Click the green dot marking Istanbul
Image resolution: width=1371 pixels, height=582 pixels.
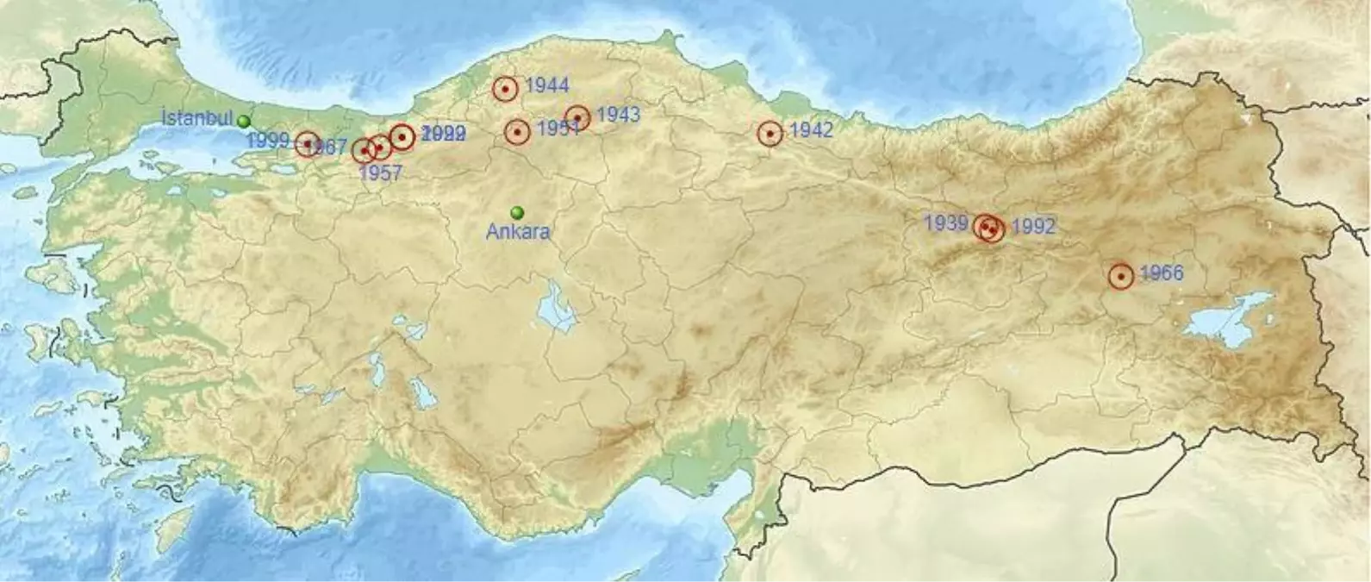click(245, 121)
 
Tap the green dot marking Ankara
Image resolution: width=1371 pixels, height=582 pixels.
click(517, 212)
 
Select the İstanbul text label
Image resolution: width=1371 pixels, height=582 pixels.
click(197, 118)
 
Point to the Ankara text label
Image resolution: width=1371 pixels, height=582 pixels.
click(517, 231)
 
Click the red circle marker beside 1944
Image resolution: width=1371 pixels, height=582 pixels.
click(506, 88)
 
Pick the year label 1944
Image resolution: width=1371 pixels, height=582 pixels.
click(546, 84)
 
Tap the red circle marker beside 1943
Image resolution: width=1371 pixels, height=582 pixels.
click(577, 117)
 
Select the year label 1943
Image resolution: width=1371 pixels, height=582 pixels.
click(617, 114)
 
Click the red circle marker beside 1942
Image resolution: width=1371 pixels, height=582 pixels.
click(770, 134)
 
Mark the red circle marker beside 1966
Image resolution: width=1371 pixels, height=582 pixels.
click(1120, 277)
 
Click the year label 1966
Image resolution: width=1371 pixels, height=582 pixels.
click(1161, 273)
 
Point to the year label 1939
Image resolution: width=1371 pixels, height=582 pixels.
click(946, 223)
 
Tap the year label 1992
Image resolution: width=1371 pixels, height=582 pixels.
click(1032, 227)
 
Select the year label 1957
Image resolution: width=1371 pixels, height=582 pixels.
click(380, 172)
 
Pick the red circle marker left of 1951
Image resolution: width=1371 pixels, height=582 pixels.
click(517, 132)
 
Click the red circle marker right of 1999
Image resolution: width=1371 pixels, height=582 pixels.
click(308, 144)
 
